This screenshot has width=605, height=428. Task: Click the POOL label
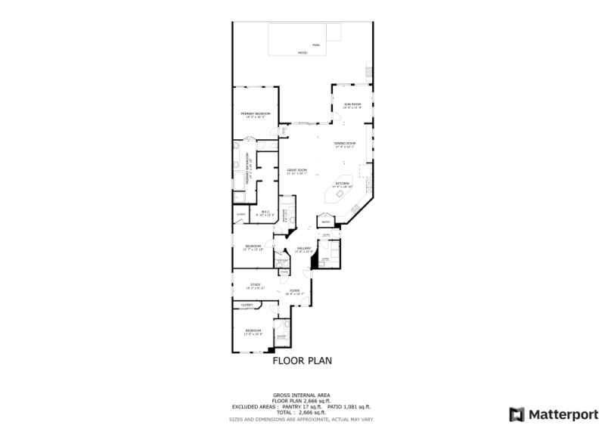[x=315, y=45]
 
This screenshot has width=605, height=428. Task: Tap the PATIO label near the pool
[x=302, y=53]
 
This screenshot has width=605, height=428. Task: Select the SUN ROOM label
[x=352, y=104]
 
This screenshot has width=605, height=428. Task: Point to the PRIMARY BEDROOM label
[x=256, y=113]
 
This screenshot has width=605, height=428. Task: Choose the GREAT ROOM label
[x=296, y=170]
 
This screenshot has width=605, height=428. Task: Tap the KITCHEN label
[x=343, y=183]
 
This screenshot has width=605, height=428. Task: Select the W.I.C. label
[x=265, y=212]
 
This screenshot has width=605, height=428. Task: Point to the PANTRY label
[x=325, y=222]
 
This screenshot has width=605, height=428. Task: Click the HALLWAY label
[x=304, y=248]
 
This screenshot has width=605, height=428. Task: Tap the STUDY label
[x=256, y=284]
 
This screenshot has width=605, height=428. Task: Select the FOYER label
[x=294, y=290]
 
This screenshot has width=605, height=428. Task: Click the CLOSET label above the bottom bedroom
[x=247, y=305]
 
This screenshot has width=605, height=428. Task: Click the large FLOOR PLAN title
[x=302, y=361]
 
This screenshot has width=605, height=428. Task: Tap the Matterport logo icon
[x=517, y=414]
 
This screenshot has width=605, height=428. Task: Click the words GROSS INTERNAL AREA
[x=302, y=395]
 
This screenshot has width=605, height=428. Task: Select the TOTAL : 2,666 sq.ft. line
[x=302, y=412]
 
